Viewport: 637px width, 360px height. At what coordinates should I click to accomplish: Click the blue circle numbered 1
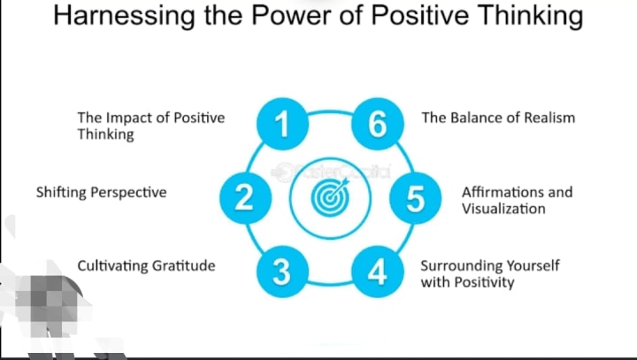pyautogui.click(x=280, y=124)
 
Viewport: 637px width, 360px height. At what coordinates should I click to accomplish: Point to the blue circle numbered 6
pyautogui.click(x=378, y=124)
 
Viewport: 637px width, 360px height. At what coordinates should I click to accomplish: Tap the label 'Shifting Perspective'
pyautogui.click(x=101, y=192)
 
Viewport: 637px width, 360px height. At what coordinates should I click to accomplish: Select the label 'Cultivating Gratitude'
pyautogui.click(x=146, y=265)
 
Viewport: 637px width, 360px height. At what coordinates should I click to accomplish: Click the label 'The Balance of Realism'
pyautogui.click(x=498, y=118)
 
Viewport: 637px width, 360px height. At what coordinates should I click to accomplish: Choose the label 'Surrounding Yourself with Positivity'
pyautogui.click(x=489, y=274)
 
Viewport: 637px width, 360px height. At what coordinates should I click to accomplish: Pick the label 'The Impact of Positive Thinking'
pyautogui.click(x=150, y=126)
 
